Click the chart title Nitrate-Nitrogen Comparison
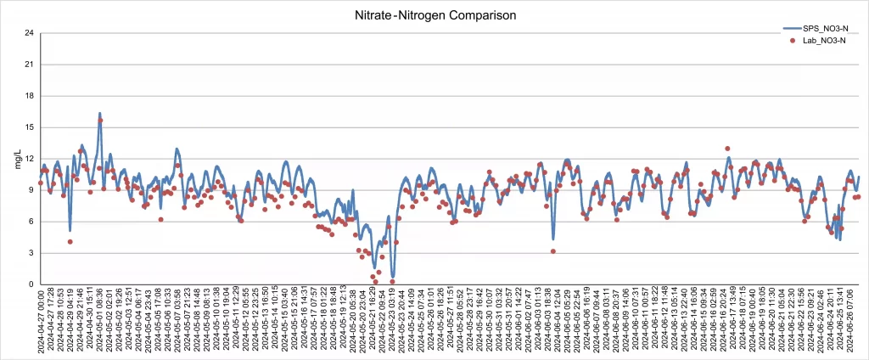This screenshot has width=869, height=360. (x=434, y=15)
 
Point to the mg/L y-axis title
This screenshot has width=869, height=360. (x=19, y=159)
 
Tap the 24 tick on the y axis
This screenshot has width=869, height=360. (x=29, y=33)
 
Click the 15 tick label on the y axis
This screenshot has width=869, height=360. (x=29, y=127)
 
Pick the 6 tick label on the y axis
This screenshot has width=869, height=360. (x=31, y=222)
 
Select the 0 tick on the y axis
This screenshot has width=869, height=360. (x=31, y=284)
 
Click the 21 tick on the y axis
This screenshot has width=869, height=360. (x=29, y=65)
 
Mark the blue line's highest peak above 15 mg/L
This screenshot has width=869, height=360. (x=99, y=113)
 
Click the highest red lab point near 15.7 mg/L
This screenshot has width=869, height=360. (x=100, y=121)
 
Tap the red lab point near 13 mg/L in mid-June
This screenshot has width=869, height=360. (x=727, y=149)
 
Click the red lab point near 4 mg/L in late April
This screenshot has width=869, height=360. (x=70, y=242)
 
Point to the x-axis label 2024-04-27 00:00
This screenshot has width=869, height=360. (x=40, y=323)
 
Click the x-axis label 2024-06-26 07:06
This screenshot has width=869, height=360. (x=851, y=323)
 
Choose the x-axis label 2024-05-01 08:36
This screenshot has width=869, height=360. (x=99, y=323)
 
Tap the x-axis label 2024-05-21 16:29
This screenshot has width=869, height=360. (x=373, y=323)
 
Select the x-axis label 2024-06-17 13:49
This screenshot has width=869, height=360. (x=733, y=323)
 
